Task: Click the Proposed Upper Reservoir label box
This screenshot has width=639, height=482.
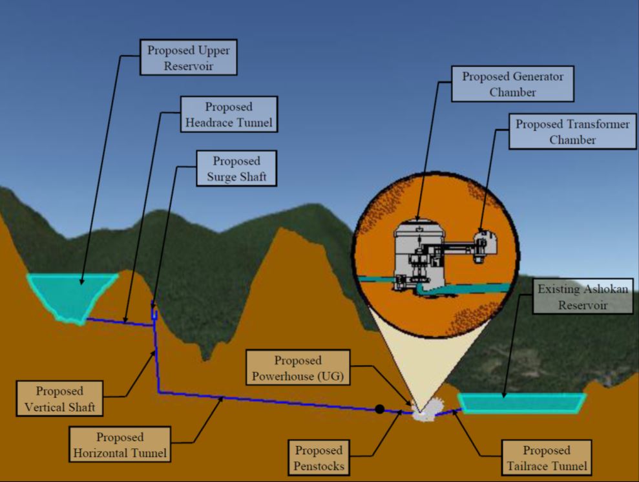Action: [x=189, y=58]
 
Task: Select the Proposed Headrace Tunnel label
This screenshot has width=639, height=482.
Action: [x=229, y=114]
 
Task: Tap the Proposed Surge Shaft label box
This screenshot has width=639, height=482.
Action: [x=236, y=169]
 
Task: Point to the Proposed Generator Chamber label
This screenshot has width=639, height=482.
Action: [x=512, y=84]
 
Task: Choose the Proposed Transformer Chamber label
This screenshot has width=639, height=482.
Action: [x=572, y=132]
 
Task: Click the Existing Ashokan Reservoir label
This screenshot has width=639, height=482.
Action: [x=582, y=297]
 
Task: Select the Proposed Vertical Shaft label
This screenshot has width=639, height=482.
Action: [x=59, y=399]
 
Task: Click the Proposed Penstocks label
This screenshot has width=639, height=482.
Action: [x=319, y=458]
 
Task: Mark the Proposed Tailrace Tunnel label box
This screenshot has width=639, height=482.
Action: [x=546, y=458]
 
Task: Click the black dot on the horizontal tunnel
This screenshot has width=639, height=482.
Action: [x=380, y=408]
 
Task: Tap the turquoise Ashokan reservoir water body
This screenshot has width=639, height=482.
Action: [x=521, y=403]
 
